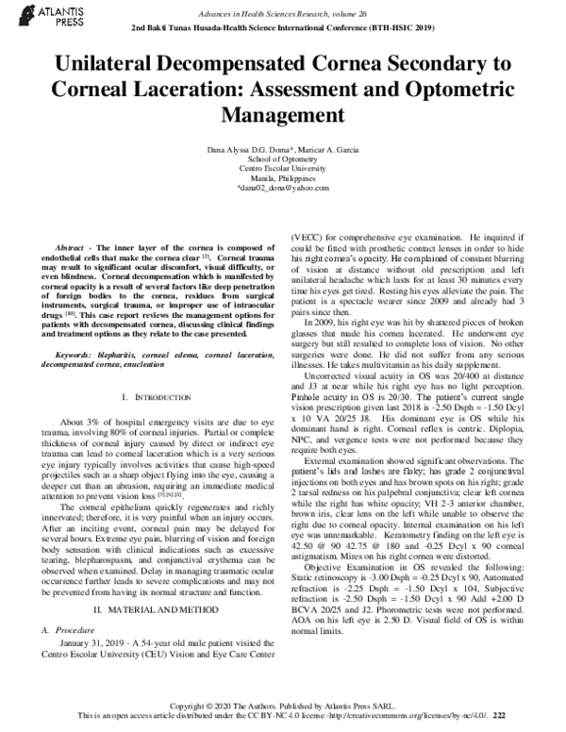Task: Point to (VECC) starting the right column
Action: tap(308, 236)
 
